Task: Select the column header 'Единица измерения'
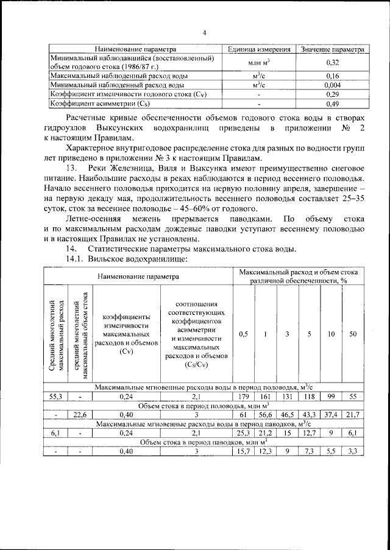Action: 258,49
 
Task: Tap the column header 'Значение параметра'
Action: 332,49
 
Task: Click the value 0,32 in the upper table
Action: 332,62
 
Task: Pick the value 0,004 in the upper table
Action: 332,85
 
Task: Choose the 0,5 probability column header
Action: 244,334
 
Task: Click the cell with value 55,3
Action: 56,396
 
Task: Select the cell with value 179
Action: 244,396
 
